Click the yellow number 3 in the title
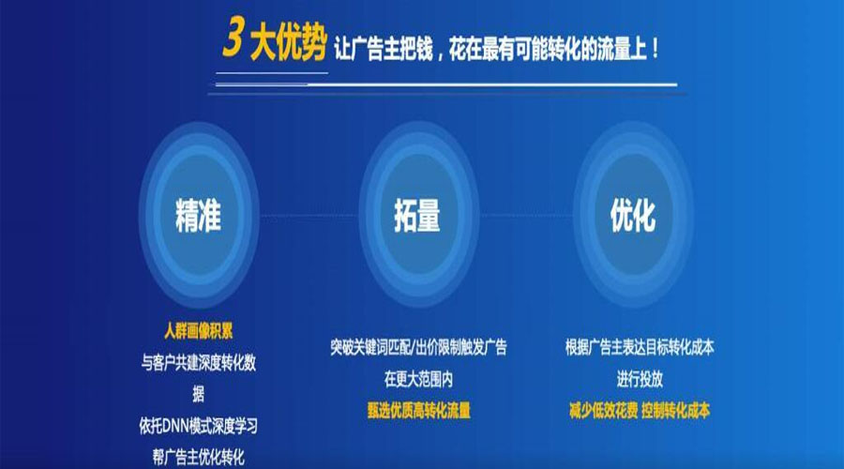pos(234,37)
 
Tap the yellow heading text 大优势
pos(289,42)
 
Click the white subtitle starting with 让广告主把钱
pos(496,49)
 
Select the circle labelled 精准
pos(199,215)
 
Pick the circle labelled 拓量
pos(418,215)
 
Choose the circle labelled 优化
pos(633,215)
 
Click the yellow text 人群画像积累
pos(199,330)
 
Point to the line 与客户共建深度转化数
pos(199,363)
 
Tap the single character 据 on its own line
pos(199,394)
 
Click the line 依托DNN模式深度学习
pos(199,426)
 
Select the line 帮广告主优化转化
pos(199,457)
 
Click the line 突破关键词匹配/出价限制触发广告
pos(418,347)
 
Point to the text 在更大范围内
pos(418,379)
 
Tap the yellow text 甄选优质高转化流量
pos(418,410)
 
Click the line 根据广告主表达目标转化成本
pos(640,347)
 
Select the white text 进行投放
pos(640,379)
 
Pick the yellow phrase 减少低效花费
pos(603,410)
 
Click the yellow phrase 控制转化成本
pos(675,410)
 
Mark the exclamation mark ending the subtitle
pos(655,49)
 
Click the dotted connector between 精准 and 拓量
pos(309,216)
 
